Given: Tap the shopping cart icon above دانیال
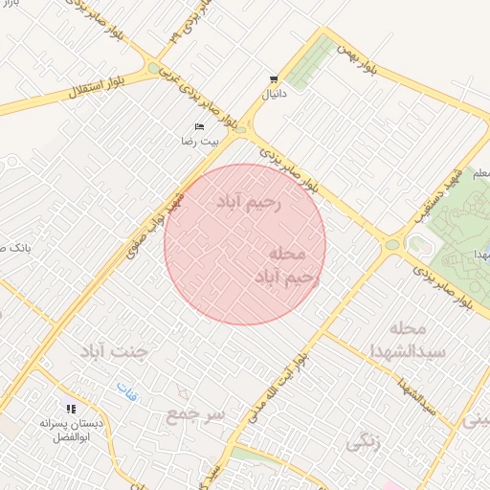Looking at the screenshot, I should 275,79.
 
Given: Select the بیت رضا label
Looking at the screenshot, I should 200,141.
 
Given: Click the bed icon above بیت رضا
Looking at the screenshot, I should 199,126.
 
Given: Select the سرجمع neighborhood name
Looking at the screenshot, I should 196,413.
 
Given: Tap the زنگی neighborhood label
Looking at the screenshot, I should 365,443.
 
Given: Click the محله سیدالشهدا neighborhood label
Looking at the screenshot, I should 412,343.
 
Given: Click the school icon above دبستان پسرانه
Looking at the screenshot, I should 71,409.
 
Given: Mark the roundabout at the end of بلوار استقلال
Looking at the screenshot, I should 154,69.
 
